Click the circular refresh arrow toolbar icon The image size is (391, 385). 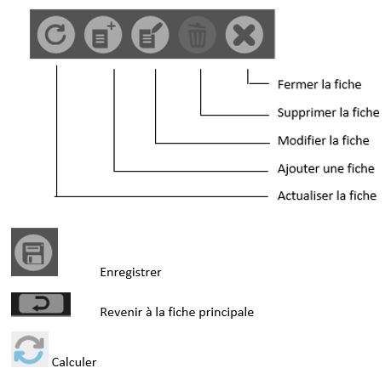56,35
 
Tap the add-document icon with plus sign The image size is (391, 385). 103,35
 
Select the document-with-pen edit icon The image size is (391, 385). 150,35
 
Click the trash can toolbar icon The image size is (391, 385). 197,35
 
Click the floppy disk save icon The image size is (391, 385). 33,252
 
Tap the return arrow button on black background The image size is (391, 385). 41,304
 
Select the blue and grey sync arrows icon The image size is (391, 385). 30,349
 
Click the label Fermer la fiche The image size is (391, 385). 319,84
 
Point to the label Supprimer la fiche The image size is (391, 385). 329,112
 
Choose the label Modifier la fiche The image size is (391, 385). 324,140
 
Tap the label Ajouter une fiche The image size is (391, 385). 326,168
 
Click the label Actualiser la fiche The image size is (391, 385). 327,195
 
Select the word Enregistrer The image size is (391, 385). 130,272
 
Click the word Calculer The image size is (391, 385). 74,362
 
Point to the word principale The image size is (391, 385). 227,313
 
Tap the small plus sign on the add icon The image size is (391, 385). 112,26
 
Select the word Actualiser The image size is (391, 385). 305,195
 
